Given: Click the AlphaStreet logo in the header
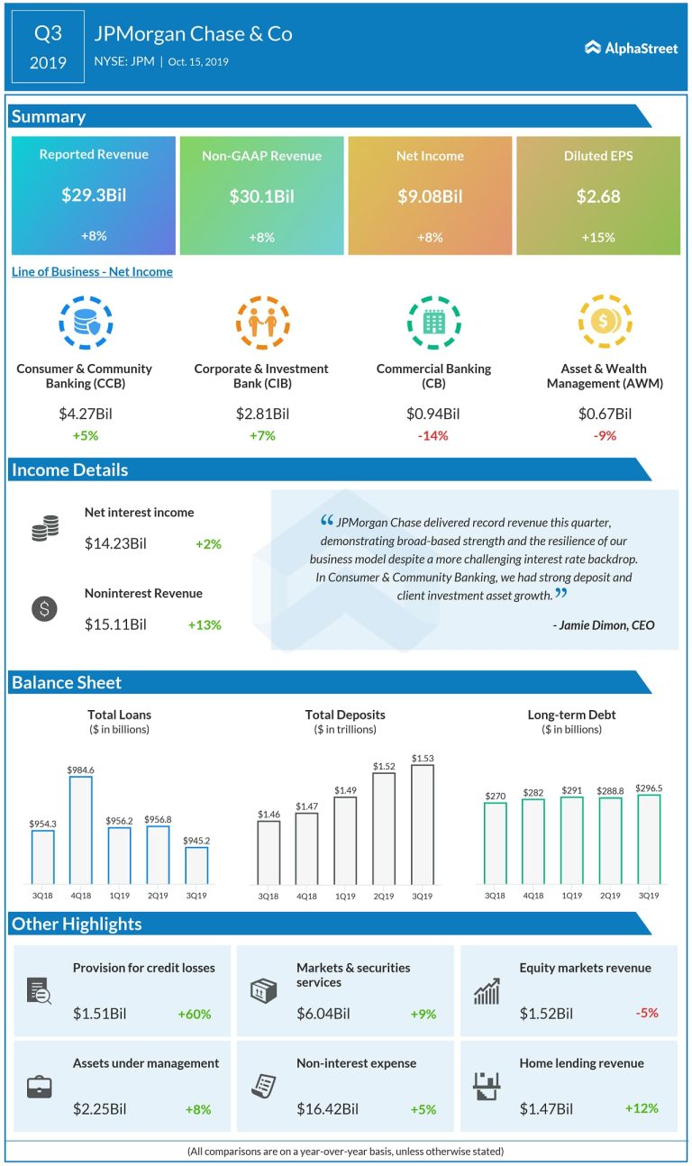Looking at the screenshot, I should tap(631, 48).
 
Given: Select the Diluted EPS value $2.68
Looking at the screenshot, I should tap(598, 196).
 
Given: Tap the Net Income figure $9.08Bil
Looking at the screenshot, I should tap(430, 196).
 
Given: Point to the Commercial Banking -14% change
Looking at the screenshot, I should tap(433, 436).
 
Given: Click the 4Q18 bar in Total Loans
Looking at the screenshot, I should tap(81, 829).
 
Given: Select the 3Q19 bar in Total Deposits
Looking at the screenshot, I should tap(422, 824).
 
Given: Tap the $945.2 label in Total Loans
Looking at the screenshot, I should tap(196, 840).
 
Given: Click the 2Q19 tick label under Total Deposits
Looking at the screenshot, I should tap(383, 897).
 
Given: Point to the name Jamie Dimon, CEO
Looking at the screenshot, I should tap(604, 625).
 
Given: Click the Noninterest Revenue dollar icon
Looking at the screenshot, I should tap(43, 608).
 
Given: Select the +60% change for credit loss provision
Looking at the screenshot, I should tap(194, 1014).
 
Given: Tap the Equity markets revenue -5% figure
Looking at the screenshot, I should tap(646, 1013).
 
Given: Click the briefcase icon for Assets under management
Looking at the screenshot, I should tap(40, 1088).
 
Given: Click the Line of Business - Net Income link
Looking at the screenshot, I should tap(92, 271).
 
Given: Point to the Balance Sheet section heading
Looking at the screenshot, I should tap(67, 682).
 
